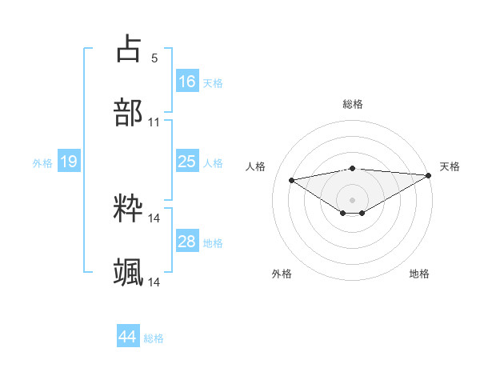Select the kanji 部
[x=129, y=113]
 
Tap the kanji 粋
[x=129, y=209]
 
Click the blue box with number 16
[x=187, y=81]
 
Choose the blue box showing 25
[x=187, y=162]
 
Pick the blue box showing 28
[x=187, y=242]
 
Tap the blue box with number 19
[x=69, y=162]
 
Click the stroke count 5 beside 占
[x=154, y=58]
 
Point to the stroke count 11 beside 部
[x=154, y=122]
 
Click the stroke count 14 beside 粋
[x=154, y=218]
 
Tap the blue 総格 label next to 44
[x=154, y=338]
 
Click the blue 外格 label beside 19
[x=42, y=162]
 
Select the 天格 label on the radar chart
[x=450, y=166]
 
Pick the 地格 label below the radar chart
[x=419, y=274]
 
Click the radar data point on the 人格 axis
[x=291, y=179]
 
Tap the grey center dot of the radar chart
[x=352, y=198]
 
